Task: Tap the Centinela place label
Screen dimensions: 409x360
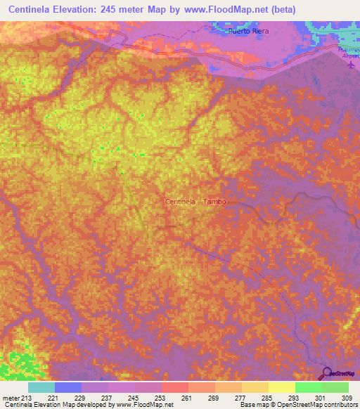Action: point(180,202)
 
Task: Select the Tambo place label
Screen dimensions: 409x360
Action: point(214,202)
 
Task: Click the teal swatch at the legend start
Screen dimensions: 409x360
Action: point(41,387)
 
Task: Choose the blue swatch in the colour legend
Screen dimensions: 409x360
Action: point(67,387)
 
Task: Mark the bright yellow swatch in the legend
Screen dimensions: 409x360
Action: point(281,387)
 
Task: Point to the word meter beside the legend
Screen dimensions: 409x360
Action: point(11,398)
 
